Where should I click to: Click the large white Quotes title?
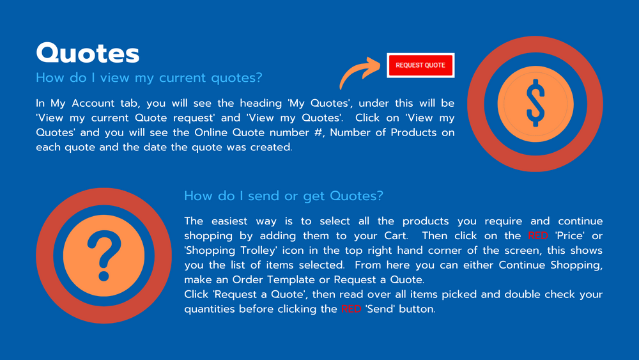tap(88, 53)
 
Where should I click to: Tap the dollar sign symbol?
tap(535, 103)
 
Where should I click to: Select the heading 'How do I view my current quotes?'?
tap(149, 77)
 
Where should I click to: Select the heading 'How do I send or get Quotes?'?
tap(284, 196)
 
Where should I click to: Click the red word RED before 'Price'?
tap(538, 236)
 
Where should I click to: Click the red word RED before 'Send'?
tap(351, 309)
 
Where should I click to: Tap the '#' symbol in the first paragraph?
tap(318, 132)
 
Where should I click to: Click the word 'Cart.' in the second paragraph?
tap(396, 236)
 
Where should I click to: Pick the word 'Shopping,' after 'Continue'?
tap(576, 265)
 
